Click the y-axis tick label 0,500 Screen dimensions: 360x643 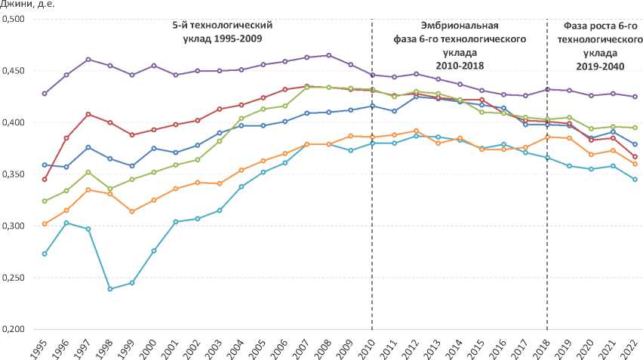(x=14, y=19)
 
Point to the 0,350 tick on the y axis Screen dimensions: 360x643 (x=14, y=174)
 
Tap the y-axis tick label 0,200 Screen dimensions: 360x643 (x=14, y=330)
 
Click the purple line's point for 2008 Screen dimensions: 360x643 (x=328, y=55)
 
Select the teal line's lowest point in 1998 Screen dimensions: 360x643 (x=110, y=289)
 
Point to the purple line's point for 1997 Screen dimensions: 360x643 (x=88, y=59)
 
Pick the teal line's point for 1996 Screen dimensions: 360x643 (x=66, y=223)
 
